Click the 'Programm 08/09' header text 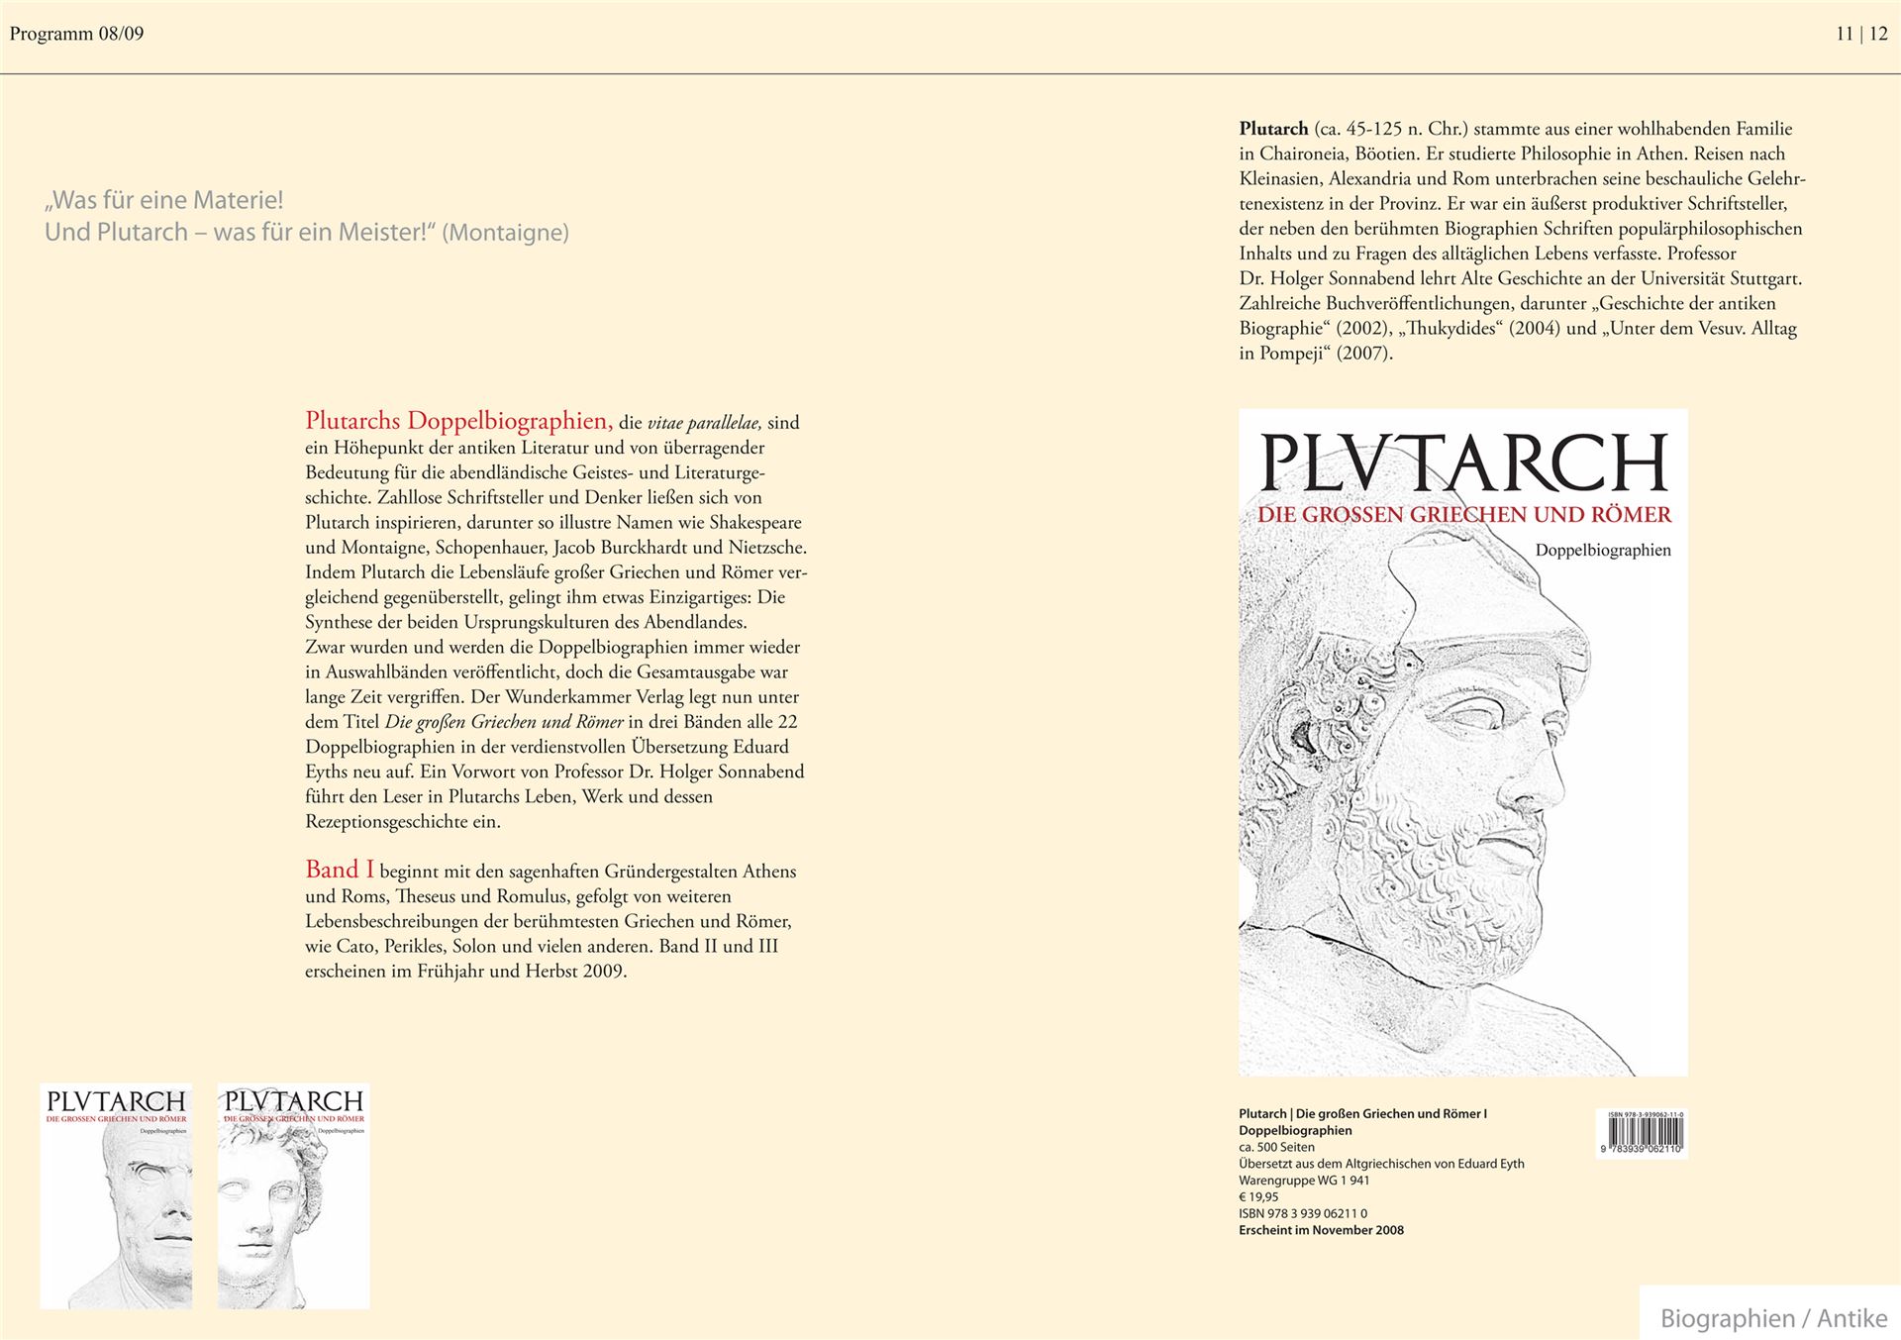[x=76, y=34]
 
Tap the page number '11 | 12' [x=1861, y=34]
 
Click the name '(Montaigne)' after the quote [x=505, y=233]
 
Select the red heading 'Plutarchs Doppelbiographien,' [x=458, y=421]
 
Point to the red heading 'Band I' [x=340, y=870]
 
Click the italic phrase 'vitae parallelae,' [x=704, y=423]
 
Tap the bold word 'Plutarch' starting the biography [x=1273, y=129]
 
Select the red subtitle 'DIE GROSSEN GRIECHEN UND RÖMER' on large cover [x=1463, y=515]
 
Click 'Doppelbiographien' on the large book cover [x=1602, y=550]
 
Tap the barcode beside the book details [x=1641, y=1134]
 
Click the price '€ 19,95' [x=1258, y=1196]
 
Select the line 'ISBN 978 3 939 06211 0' [x=1303, y=1213]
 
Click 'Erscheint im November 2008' [x=1321, y=1230]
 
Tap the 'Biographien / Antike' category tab [x=1772, y=1318]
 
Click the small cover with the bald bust [x=116, y=1196]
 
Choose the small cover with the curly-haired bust [x=293, y=1196]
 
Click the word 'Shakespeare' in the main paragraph [x=755, y=522]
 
